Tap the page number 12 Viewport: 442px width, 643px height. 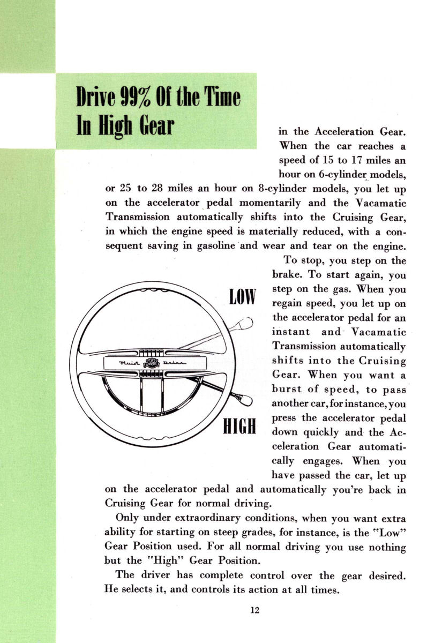point(254,609)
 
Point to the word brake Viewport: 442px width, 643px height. point(289,275)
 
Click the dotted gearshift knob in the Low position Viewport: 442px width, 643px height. point(246,323)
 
